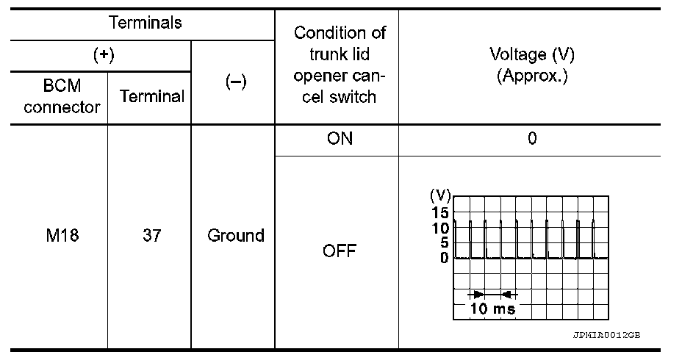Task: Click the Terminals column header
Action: coord(145,23)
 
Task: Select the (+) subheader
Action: coord(102,56)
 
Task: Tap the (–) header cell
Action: coord(234,82)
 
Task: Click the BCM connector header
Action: coord(61,96)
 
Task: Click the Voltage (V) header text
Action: coord(532,55)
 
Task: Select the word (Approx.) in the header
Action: coord(532,77)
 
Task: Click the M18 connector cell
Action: coord(61,236)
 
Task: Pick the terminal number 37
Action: coord(151,236)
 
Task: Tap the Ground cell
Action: coord(235,236)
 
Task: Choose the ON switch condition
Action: coord(338,139)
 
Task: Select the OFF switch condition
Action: coord(339,251)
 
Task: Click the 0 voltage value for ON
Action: coord(532,139)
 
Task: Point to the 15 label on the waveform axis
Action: coord(439,212)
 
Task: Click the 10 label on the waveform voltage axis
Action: coord(439,228)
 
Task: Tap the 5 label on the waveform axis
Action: coord(443,242)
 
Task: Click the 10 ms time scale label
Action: coord(492,309)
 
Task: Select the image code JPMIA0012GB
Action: coord(607,334)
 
